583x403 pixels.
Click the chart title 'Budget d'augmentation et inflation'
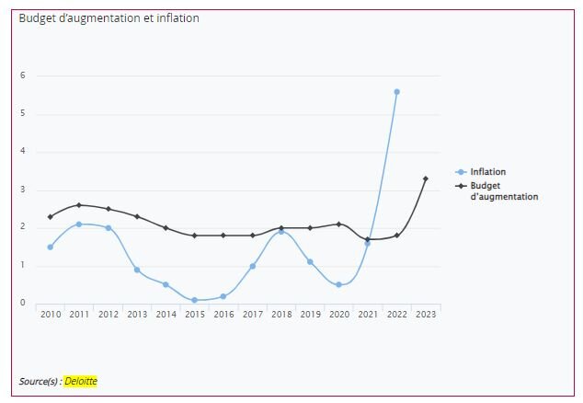coord(109,18)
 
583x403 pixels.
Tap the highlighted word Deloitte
coord(80,381)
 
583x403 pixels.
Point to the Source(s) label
coord(40,381)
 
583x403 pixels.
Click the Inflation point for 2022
coord(396,92)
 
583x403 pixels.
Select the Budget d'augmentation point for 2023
coord(425,178)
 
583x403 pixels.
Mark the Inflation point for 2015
coord(194,300)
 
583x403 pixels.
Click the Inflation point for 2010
coord(51,247)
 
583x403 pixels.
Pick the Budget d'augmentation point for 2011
coord(79,205)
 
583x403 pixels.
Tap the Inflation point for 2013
coord(137,270)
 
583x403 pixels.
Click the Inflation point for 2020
coord(339,284)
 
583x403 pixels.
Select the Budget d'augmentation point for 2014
coord(166,227)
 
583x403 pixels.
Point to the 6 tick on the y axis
coord(23,75)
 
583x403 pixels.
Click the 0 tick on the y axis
coord(23,304)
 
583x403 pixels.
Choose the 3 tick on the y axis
coord(23,190)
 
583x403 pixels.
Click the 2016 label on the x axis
coord(223,315)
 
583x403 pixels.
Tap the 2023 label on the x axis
coord(425,315)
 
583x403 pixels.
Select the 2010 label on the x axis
coord(51,315)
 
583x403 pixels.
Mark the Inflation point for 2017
coord(252,266)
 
